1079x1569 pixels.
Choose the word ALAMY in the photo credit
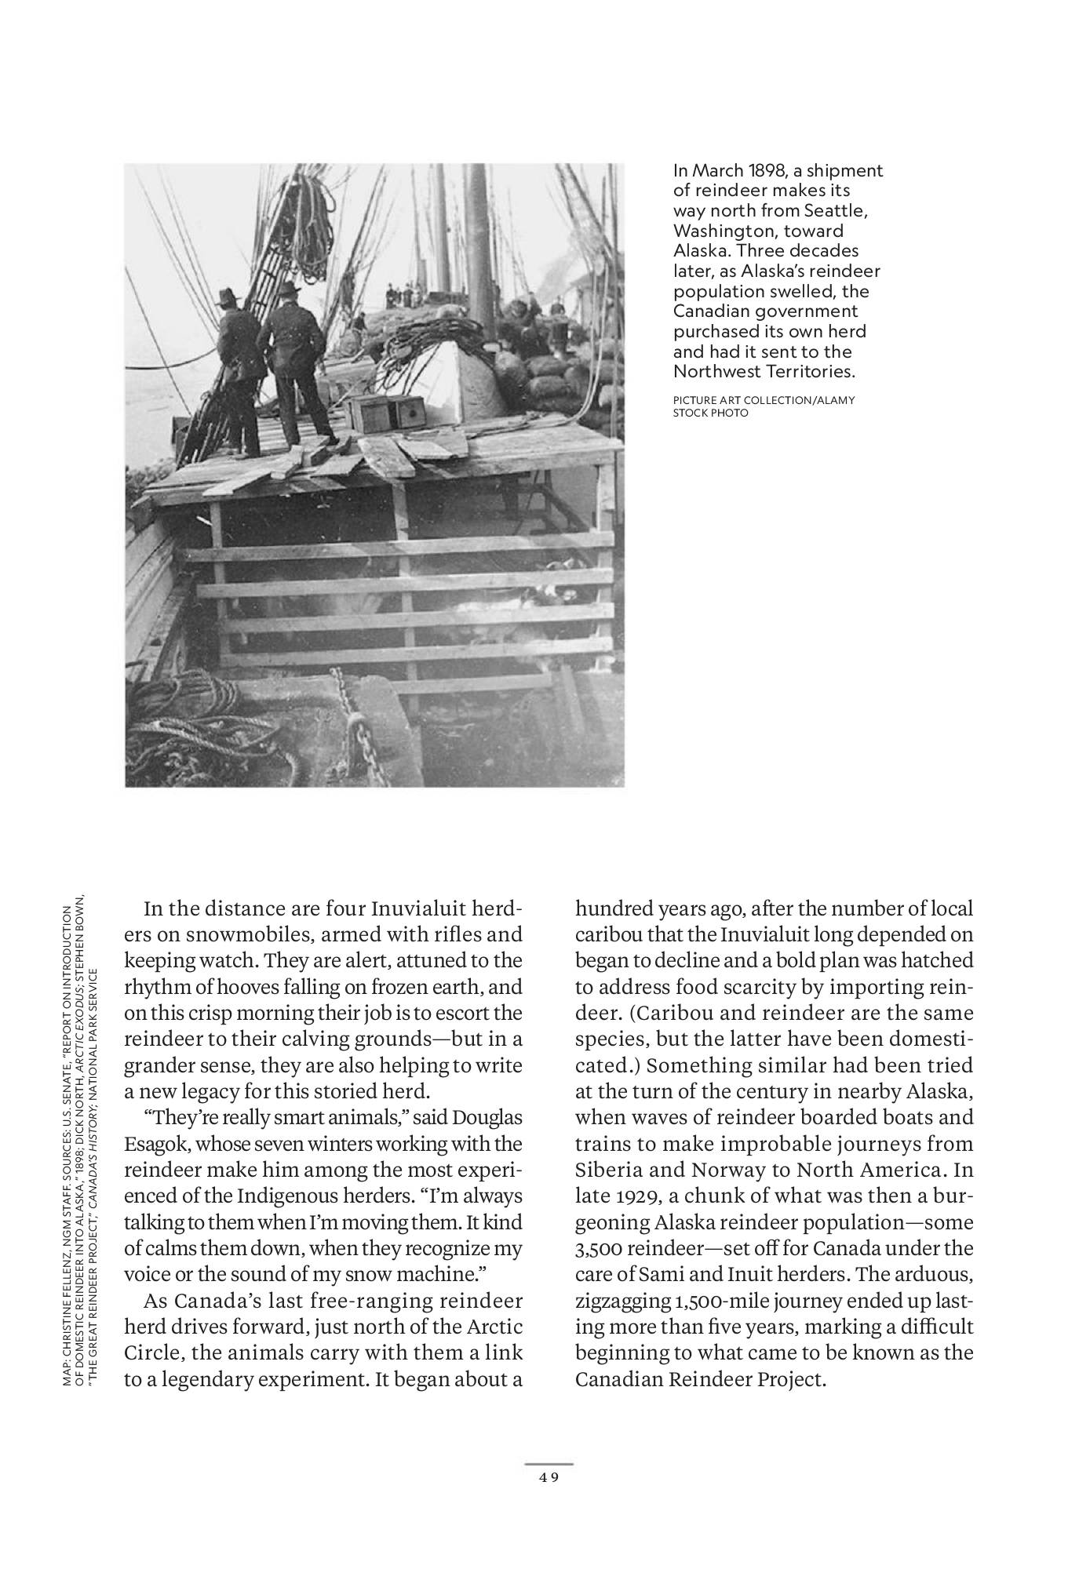(834, 401)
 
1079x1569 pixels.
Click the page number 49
(549, 1477)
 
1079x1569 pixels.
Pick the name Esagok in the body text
(151, 1144)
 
